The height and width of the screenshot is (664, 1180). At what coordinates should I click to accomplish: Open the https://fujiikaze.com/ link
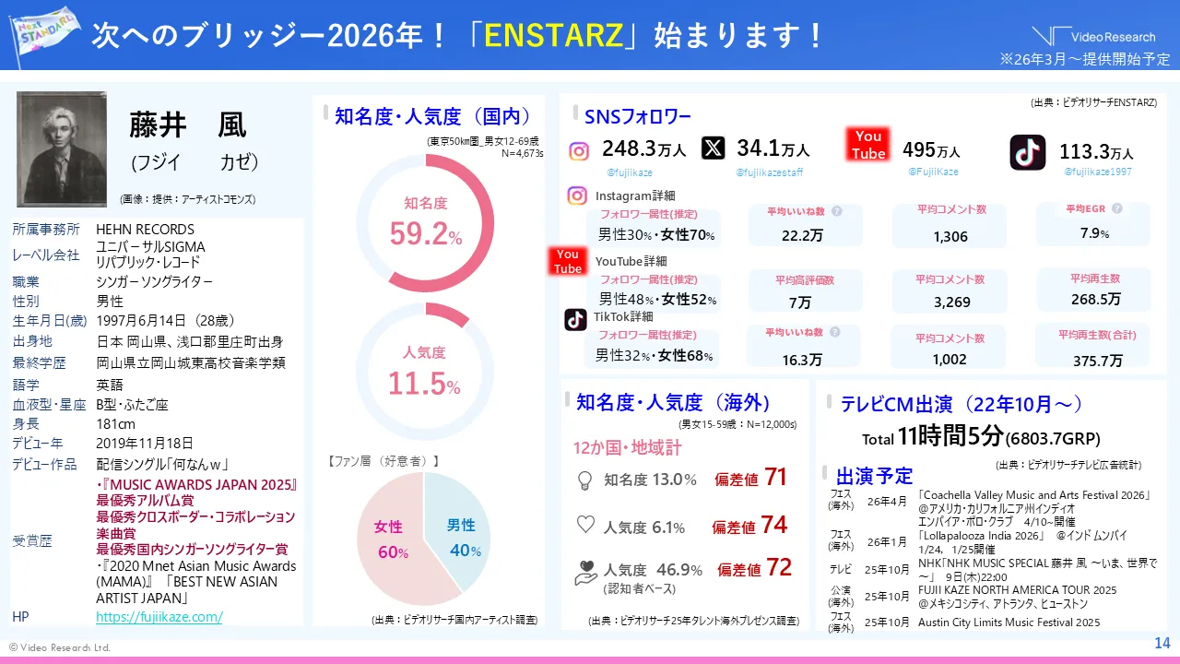(159, 617)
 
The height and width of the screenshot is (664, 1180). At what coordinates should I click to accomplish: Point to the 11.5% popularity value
(424, 383)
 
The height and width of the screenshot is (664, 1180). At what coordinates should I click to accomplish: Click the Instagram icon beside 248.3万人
(579, 151)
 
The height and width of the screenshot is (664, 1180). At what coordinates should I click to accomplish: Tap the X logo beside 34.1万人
(713, 148)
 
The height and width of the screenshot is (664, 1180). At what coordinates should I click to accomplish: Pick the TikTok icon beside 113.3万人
(1027, 152)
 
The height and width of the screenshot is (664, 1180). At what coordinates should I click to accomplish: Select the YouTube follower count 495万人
(931, 150)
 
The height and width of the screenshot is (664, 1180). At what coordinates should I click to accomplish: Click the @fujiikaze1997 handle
(1098, 172)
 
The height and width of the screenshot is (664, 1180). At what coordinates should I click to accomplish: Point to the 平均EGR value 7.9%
(1094, 233)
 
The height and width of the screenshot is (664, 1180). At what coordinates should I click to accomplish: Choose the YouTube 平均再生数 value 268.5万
(1096, 300)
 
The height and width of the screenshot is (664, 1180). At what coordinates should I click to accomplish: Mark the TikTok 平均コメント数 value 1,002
(950, 360)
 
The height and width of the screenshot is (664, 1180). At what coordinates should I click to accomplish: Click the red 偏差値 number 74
(773, 525)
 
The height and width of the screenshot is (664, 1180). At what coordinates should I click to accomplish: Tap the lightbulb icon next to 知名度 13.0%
(584, 480)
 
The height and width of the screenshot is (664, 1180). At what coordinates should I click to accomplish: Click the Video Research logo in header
(1093, 37)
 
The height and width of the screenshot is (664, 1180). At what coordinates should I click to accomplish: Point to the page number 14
(1162, 643)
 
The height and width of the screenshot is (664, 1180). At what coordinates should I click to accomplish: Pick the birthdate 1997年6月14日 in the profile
(166, 320)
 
